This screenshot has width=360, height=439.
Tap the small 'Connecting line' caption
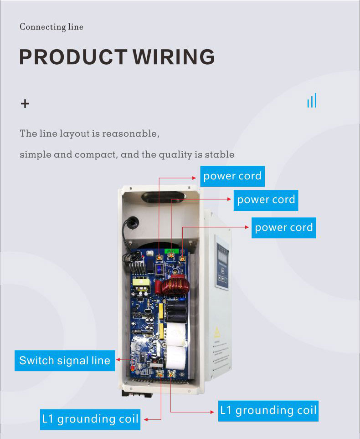[51, 27]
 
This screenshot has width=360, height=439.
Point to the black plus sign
[25, 104]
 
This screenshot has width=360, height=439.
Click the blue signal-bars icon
[312, 101]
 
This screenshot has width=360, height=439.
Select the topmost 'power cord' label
[232, 176]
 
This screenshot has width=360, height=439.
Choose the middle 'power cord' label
[266, 199]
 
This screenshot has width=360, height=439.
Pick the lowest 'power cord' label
[284, 227]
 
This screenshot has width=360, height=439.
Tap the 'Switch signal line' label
[65, 361]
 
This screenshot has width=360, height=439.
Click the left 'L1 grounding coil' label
[90, 419]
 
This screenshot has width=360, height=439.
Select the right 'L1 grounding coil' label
[268, 410]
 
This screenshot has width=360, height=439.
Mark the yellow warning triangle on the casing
[217, 331]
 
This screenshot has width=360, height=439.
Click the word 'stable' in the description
[220, 154]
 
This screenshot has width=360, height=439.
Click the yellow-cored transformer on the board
[141, 286]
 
